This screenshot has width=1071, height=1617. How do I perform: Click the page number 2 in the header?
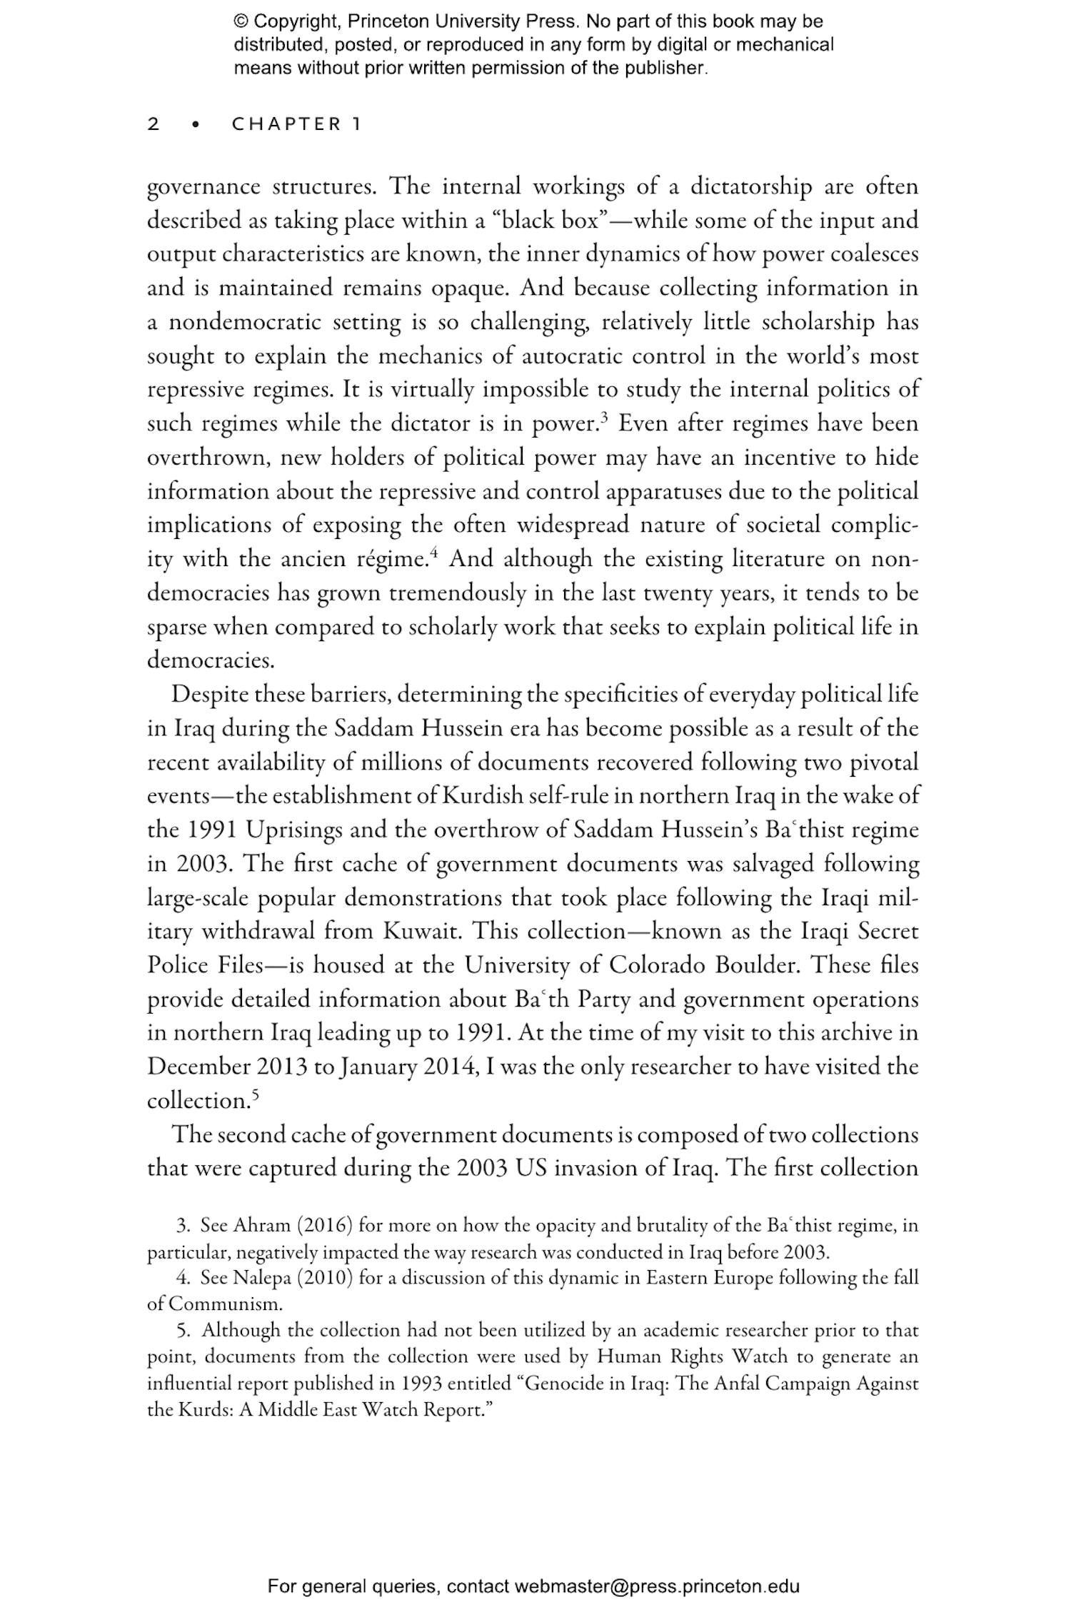point(154,124)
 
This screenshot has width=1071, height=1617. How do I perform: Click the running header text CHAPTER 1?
point(296,124)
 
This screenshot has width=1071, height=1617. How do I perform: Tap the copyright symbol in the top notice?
point(240,21)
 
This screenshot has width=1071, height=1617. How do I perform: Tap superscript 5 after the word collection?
point(255,1095)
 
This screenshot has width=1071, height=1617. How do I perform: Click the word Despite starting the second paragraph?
point(209,695)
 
